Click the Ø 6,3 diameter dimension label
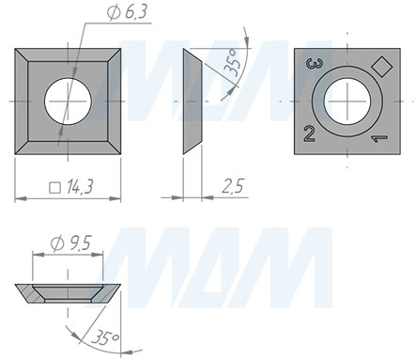point(127,13)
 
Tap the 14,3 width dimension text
point(80,187)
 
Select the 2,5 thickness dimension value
point(233,186)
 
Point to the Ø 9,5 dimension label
point(70,243)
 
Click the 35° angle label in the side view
point(234,63)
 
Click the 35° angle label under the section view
point(105,338)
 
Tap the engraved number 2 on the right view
point(309,133)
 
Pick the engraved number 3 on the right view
point(315,64)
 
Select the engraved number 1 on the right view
point(378,138)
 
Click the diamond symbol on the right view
point(382,66)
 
